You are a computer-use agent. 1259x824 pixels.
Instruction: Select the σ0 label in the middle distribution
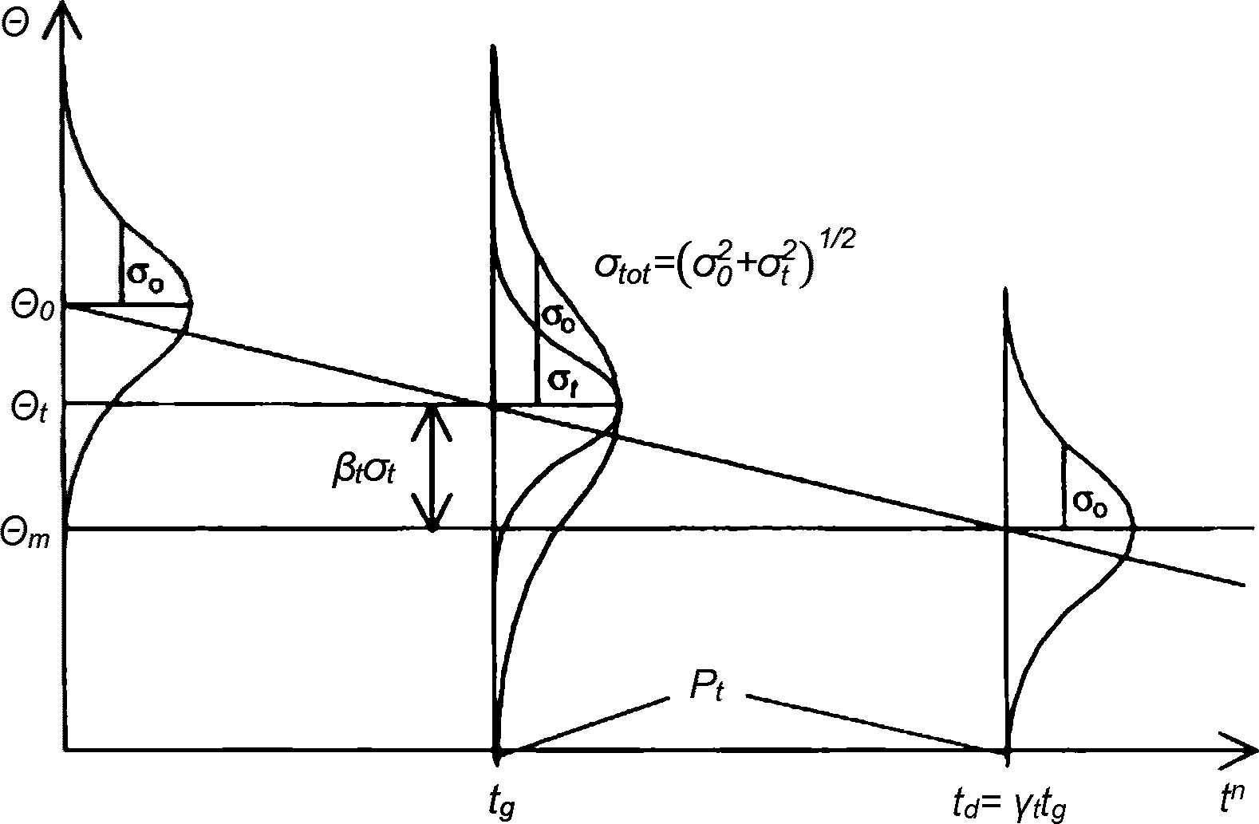tap(557, 313)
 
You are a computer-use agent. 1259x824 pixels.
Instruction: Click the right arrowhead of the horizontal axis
tap(1241, 749)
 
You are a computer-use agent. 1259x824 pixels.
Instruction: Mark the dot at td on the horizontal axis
tap(1006, 750)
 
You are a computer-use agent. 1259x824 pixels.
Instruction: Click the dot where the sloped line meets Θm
tap(1006, 527)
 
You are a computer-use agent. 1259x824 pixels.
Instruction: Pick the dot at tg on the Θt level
tap(493, 405)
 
